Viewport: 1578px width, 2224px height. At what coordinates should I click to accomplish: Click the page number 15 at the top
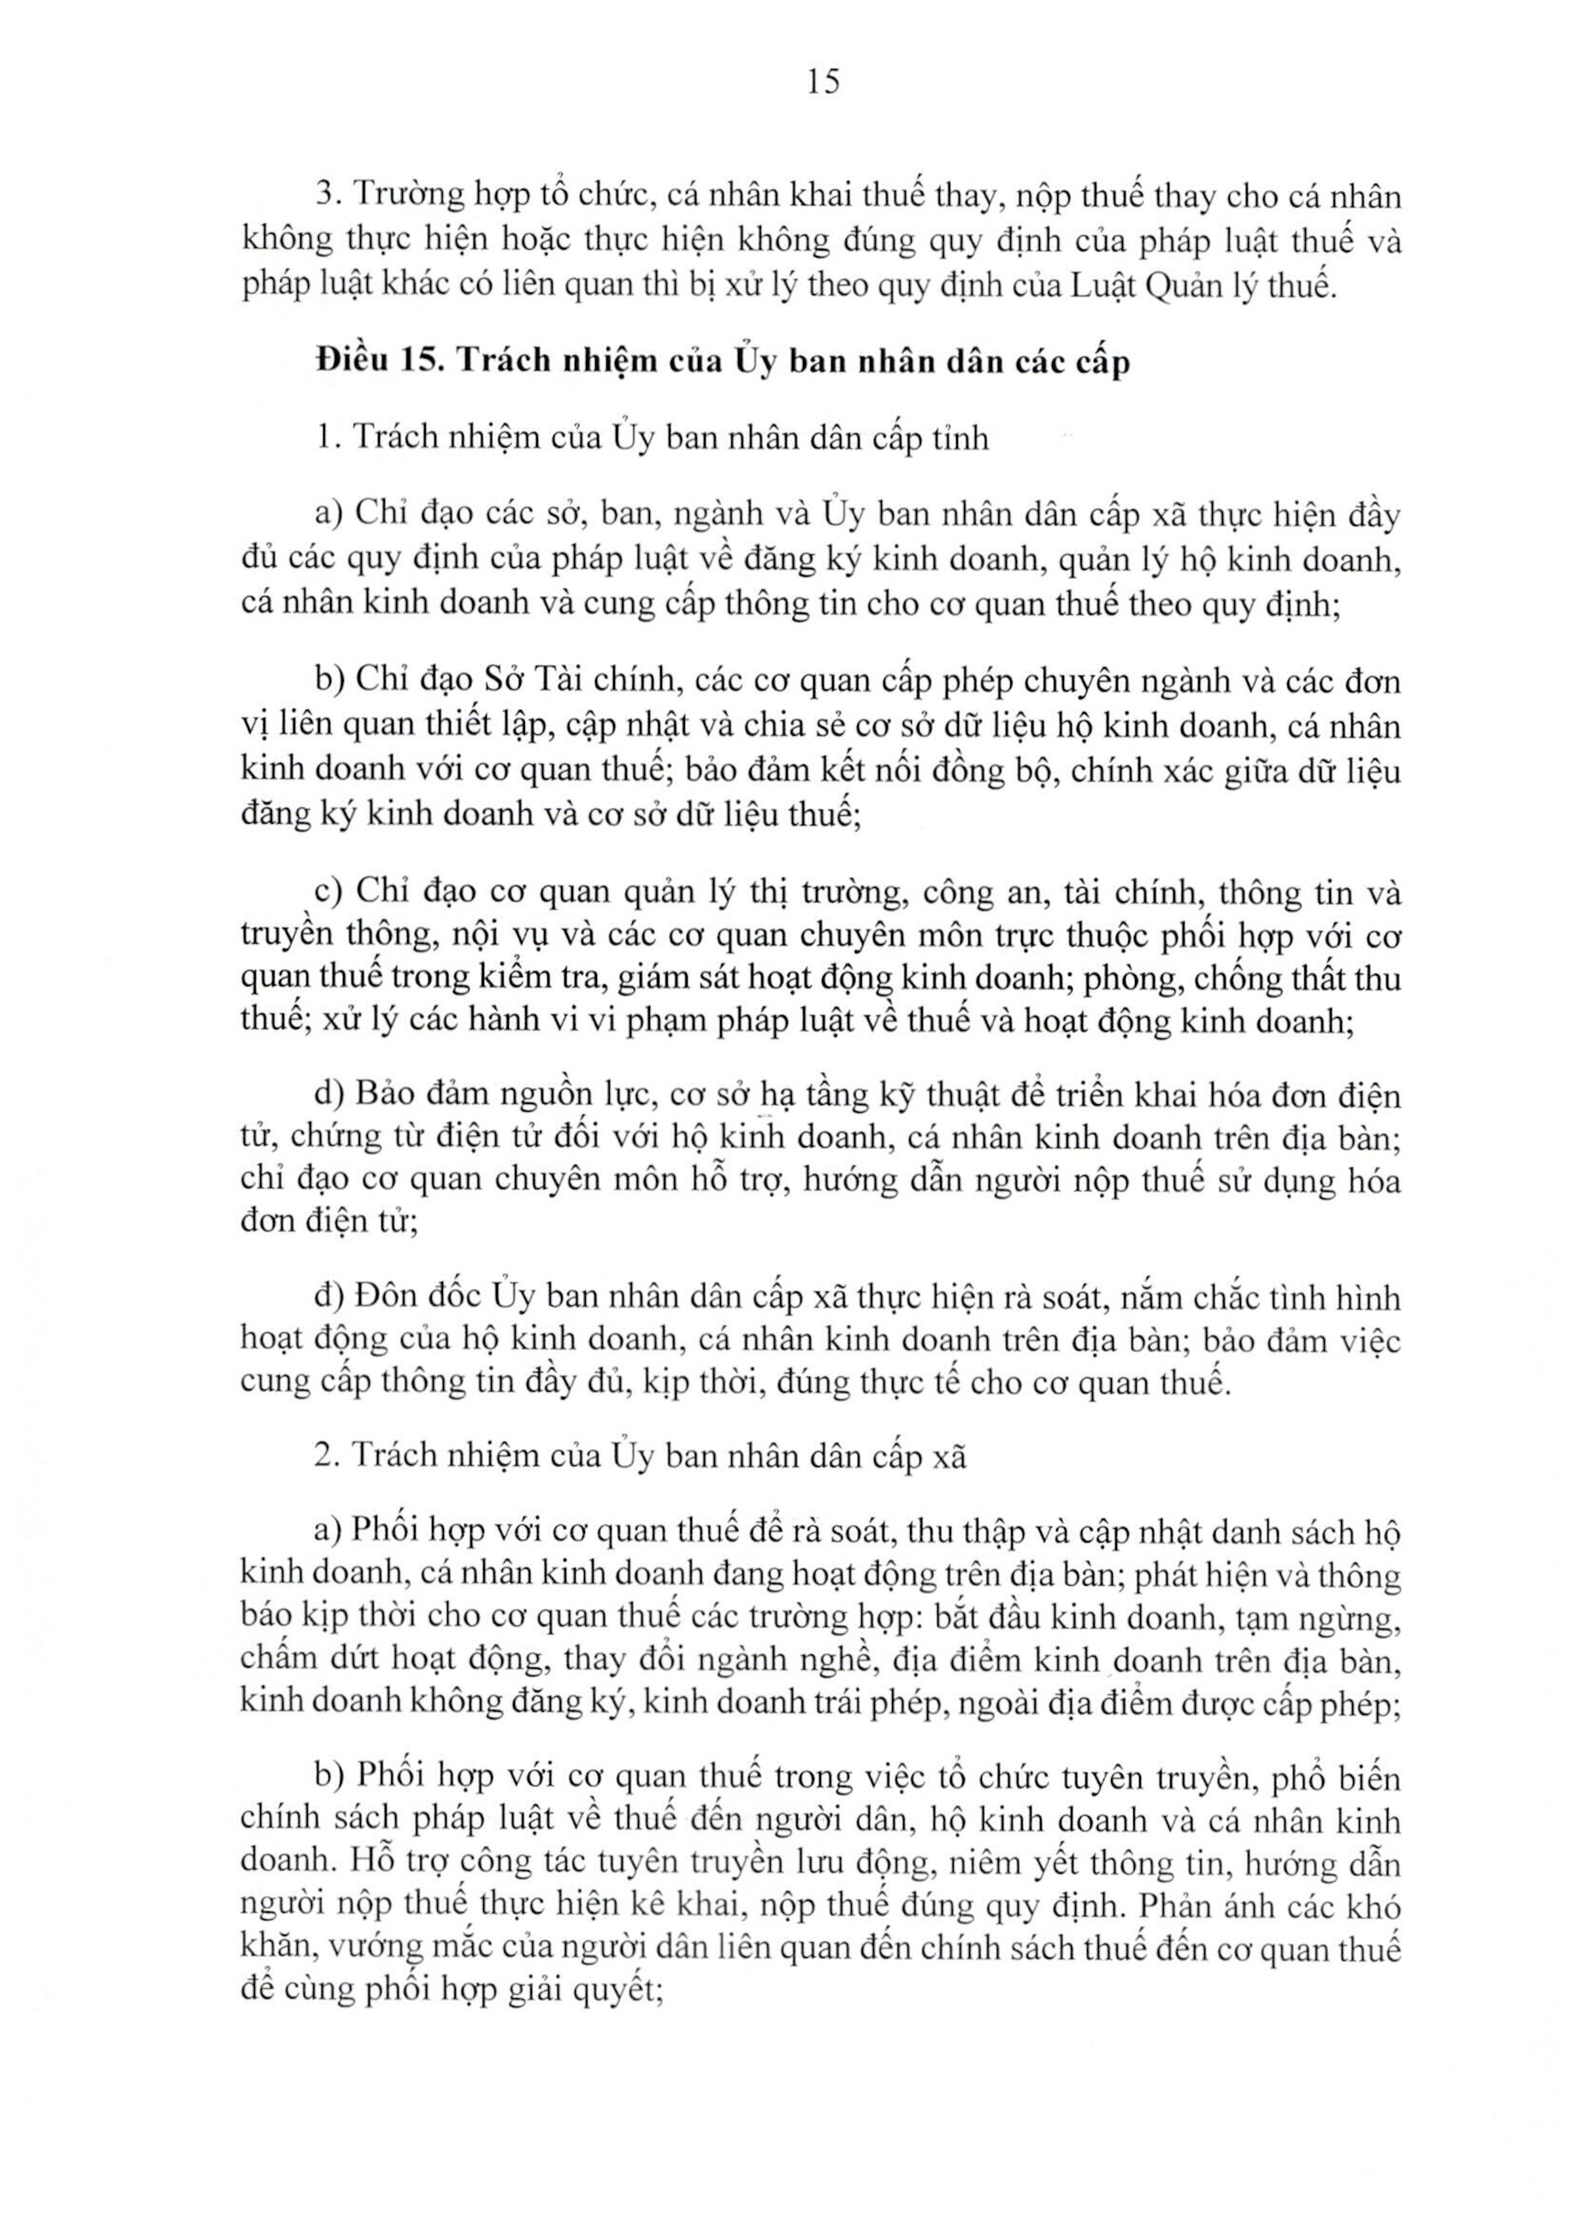[x=822, y=83]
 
